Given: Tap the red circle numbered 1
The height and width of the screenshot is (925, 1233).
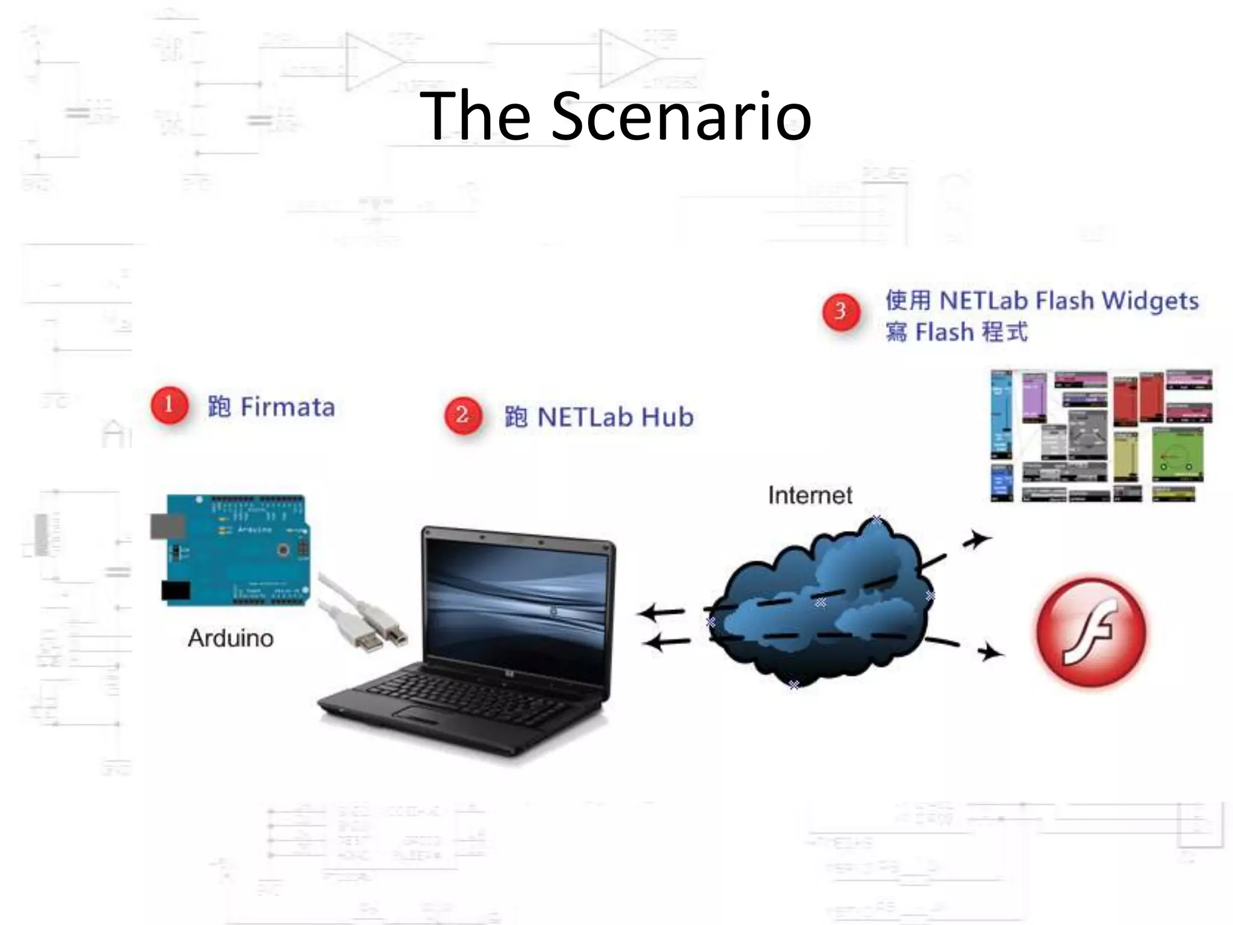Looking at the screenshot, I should [x=169, y=405].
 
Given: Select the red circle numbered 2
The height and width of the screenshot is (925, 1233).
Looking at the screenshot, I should [x=462, y=415].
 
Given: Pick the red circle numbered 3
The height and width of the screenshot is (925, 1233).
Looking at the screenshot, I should [x=841, y=311].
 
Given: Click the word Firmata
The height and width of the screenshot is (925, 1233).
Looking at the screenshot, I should [x=288, y=407].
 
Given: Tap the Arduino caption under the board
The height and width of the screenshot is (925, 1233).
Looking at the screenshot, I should [x=231, y=638].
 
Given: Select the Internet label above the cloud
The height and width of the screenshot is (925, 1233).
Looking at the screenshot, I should [x=810, y=496].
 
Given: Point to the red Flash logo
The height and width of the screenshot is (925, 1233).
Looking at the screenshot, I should [x=1091, y=632].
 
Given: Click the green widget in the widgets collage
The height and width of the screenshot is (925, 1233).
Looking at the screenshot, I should [x=1177, y=455].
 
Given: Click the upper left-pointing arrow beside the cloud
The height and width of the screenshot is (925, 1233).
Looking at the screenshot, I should [x=661, y=613].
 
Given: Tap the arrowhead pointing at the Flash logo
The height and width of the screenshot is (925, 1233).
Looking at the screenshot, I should [x=990, y=652].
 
